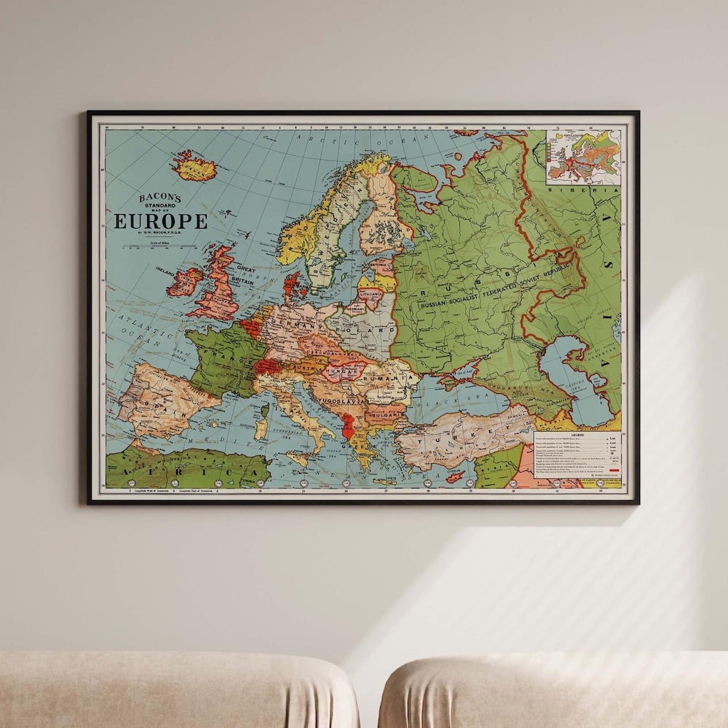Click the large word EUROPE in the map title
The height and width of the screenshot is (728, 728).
tap(160, 221)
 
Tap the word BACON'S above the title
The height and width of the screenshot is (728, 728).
tap(161, 197)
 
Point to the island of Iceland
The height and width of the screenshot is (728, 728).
tap(194, 167)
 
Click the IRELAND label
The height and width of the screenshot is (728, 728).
tap(167, 269)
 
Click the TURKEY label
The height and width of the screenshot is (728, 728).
tap(459, 438)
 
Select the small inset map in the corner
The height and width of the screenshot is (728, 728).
tap(584, 157)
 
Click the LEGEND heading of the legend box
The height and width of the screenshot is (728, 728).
tap(577, 435)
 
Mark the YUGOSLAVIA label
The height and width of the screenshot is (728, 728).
tap(341, 400)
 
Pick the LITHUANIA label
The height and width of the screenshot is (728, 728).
tap(370, 293)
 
